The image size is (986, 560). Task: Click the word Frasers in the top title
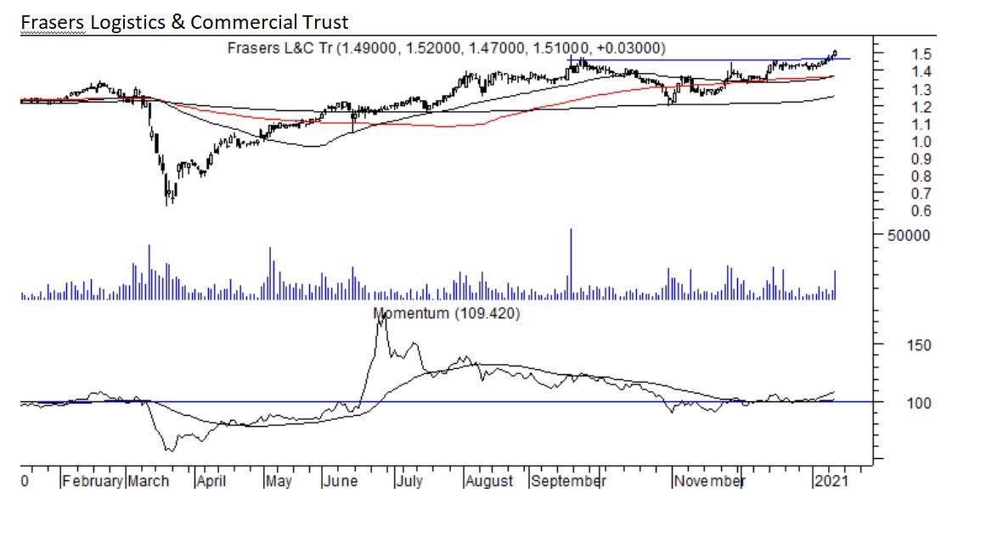pos(52,22)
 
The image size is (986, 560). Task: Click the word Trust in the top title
pos(323,22)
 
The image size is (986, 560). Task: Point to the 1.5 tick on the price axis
pos(898,53)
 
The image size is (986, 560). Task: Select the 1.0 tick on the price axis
pos(898,142)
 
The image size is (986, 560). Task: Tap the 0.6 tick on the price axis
pos(898,211)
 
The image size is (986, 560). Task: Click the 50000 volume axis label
pos(910,235)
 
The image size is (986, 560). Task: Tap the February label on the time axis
pos(93,481)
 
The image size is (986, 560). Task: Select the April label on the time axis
pos(211,481)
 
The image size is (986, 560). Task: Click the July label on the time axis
pos(409,481)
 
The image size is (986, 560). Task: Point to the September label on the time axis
pos(568,481)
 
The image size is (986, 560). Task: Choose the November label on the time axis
pos(708,481)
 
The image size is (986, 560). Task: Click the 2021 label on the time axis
pos(829,481)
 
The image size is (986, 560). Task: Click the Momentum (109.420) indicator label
pos(448,314)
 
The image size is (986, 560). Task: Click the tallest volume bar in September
pos(571,263)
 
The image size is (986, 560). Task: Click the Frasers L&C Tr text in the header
pos(279,48)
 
